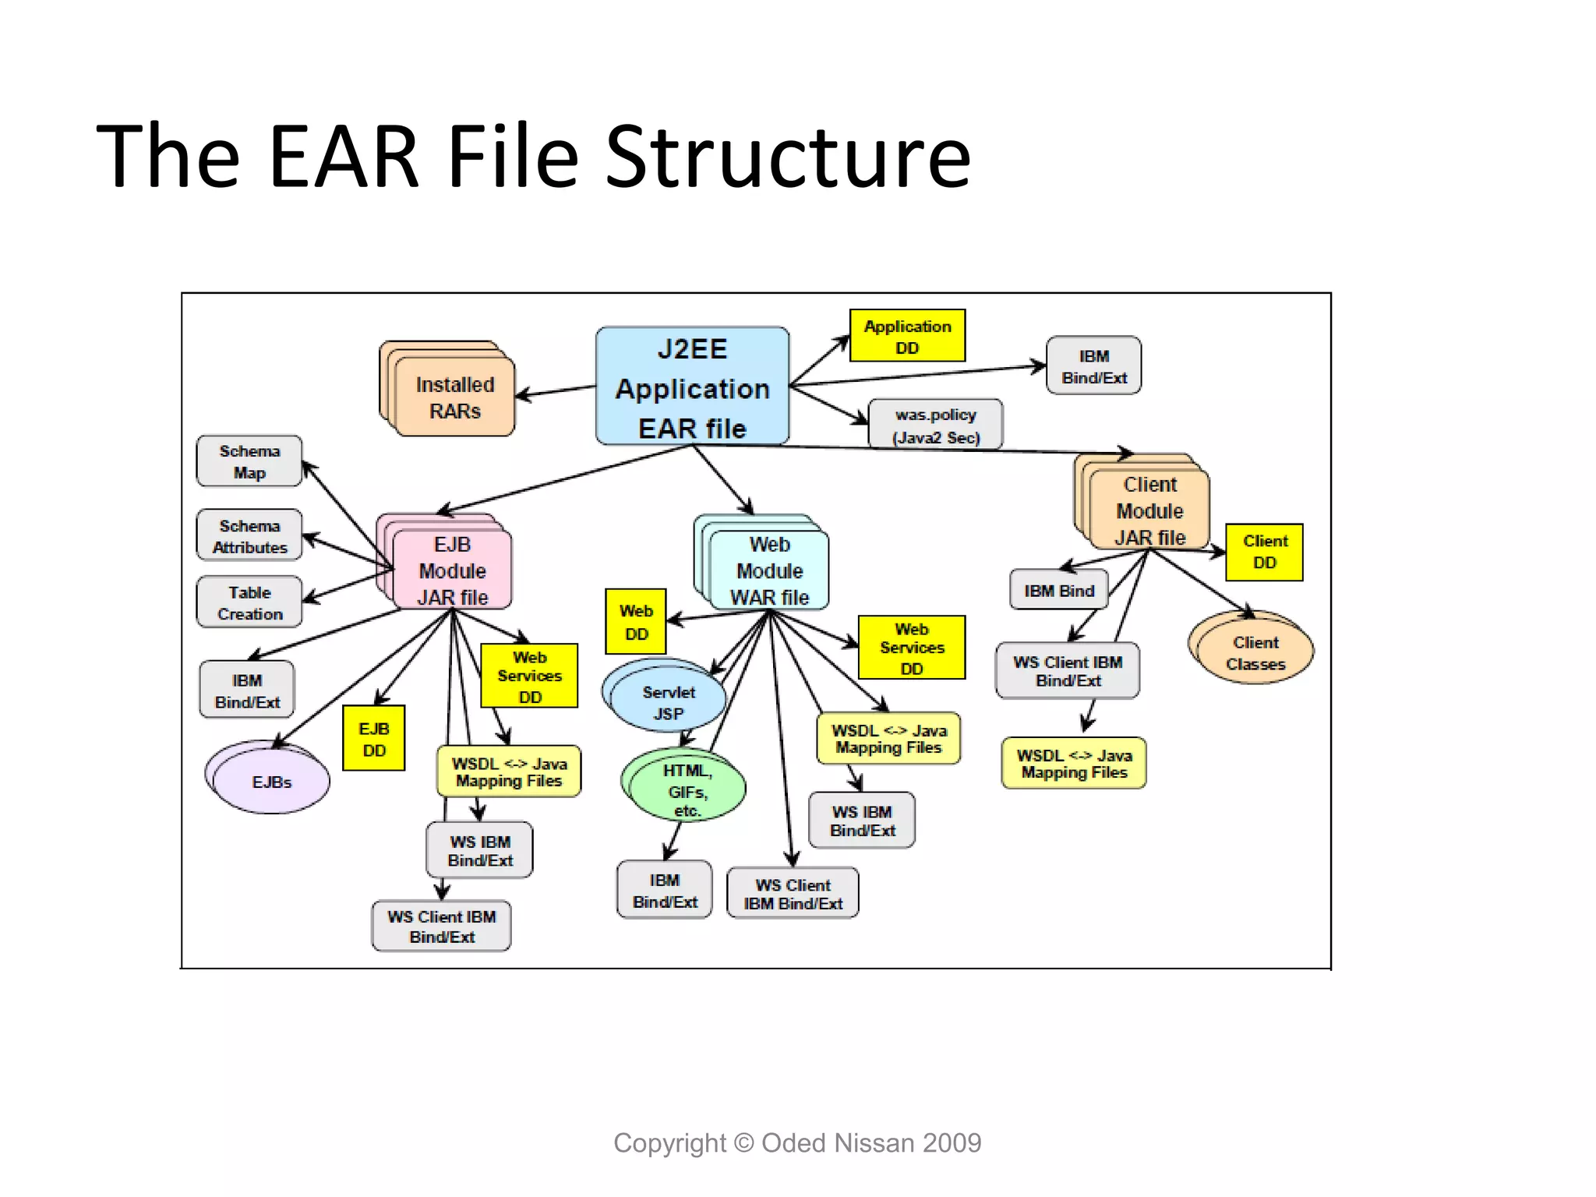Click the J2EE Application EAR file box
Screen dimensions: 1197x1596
[692, 387]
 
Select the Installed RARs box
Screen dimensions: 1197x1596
[454, 397]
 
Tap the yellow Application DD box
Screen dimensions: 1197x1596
[907, 336]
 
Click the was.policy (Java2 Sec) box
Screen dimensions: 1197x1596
[935, 425]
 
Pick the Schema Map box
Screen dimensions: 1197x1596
[249, 461]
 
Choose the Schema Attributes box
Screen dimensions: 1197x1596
[249, 536]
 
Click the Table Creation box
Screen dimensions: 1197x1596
[249, 602]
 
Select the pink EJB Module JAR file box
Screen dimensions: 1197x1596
[453, 570]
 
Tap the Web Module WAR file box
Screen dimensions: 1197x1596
[769, 570]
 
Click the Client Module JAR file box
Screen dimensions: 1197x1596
[1149, 510]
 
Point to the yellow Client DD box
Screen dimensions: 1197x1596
[1264, 552]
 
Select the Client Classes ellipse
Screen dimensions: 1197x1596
[1255, 652]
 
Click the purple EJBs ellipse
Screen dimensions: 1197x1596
[271, 782]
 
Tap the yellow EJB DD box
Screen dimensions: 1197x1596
[374, 739]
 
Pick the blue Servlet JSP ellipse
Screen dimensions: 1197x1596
[668, 702]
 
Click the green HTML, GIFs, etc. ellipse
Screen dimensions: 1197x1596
[686, 789]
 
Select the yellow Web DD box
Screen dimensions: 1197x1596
[636, 622]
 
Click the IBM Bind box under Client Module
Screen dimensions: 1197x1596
[1058, 591]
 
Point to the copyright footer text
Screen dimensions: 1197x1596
[797, 1142]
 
